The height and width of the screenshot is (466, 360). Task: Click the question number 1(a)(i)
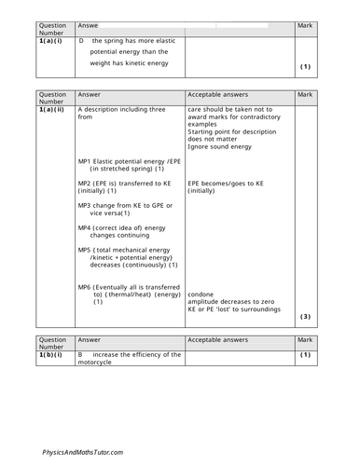click(51, 42)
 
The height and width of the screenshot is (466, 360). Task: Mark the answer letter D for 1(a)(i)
click(82, 42)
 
